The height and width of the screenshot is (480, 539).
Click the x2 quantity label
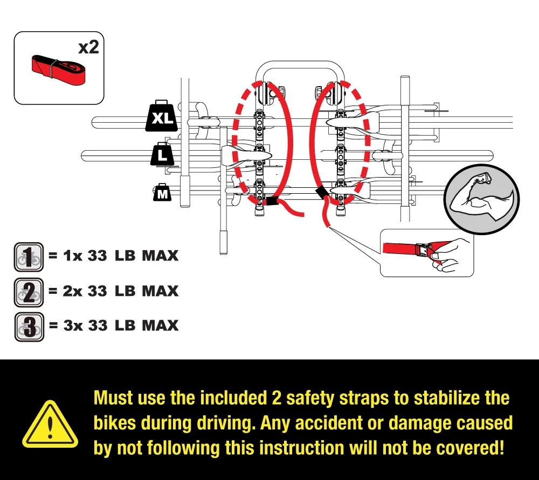89,47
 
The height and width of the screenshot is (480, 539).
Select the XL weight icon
161,116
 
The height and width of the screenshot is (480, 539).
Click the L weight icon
161,155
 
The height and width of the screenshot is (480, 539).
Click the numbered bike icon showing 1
27,256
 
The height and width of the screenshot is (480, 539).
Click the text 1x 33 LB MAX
113,256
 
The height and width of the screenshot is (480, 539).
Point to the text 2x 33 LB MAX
113,291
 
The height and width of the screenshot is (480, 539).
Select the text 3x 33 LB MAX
113,326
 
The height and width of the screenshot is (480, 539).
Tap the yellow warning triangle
50,428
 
